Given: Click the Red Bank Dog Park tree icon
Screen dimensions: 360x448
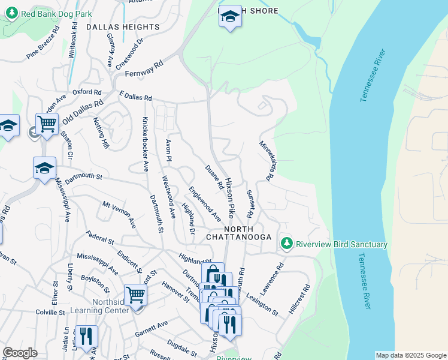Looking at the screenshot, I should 10,13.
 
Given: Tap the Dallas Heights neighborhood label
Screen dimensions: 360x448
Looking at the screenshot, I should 123,27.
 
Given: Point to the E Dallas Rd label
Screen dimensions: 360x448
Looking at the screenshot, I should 135,97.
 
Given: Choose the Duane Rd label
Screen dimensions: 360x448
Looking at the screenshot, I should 214,176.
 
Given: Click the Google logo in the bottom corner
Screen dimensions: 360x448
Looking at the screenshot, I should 20,353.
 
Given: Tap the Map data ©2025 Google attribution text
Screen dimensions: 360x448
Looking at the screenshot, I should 410,355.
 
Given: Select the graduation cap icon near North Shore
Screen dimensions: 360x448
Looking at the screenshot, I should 229,16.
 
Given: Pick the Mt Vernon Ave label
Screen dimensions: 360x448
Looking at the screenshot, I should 119,214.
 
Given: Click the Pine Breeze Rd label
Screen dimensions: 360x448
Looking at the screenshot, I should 43,43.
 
